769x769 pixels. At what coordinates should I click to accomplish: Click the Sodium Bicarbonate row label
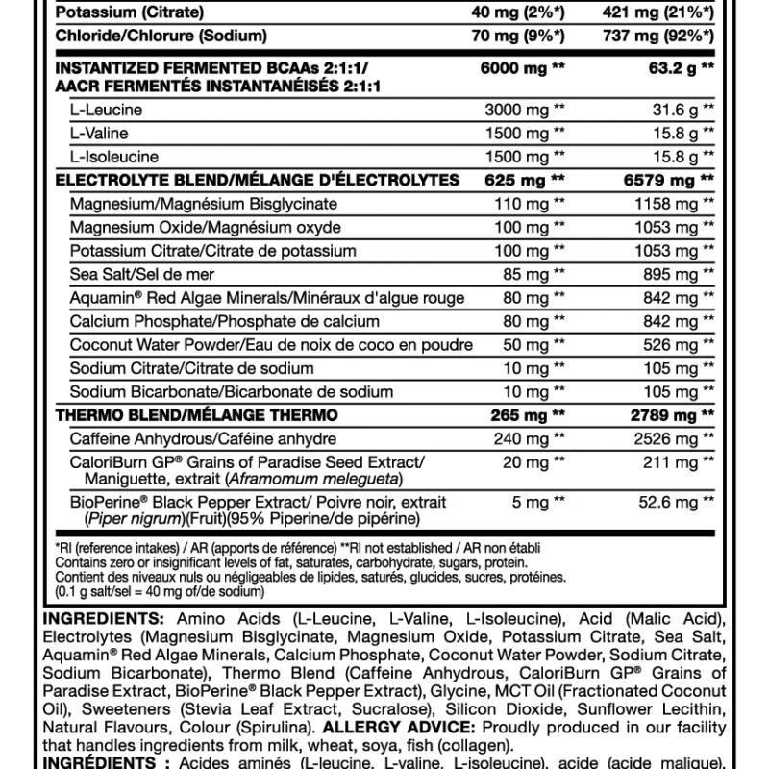pos(232,391)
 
